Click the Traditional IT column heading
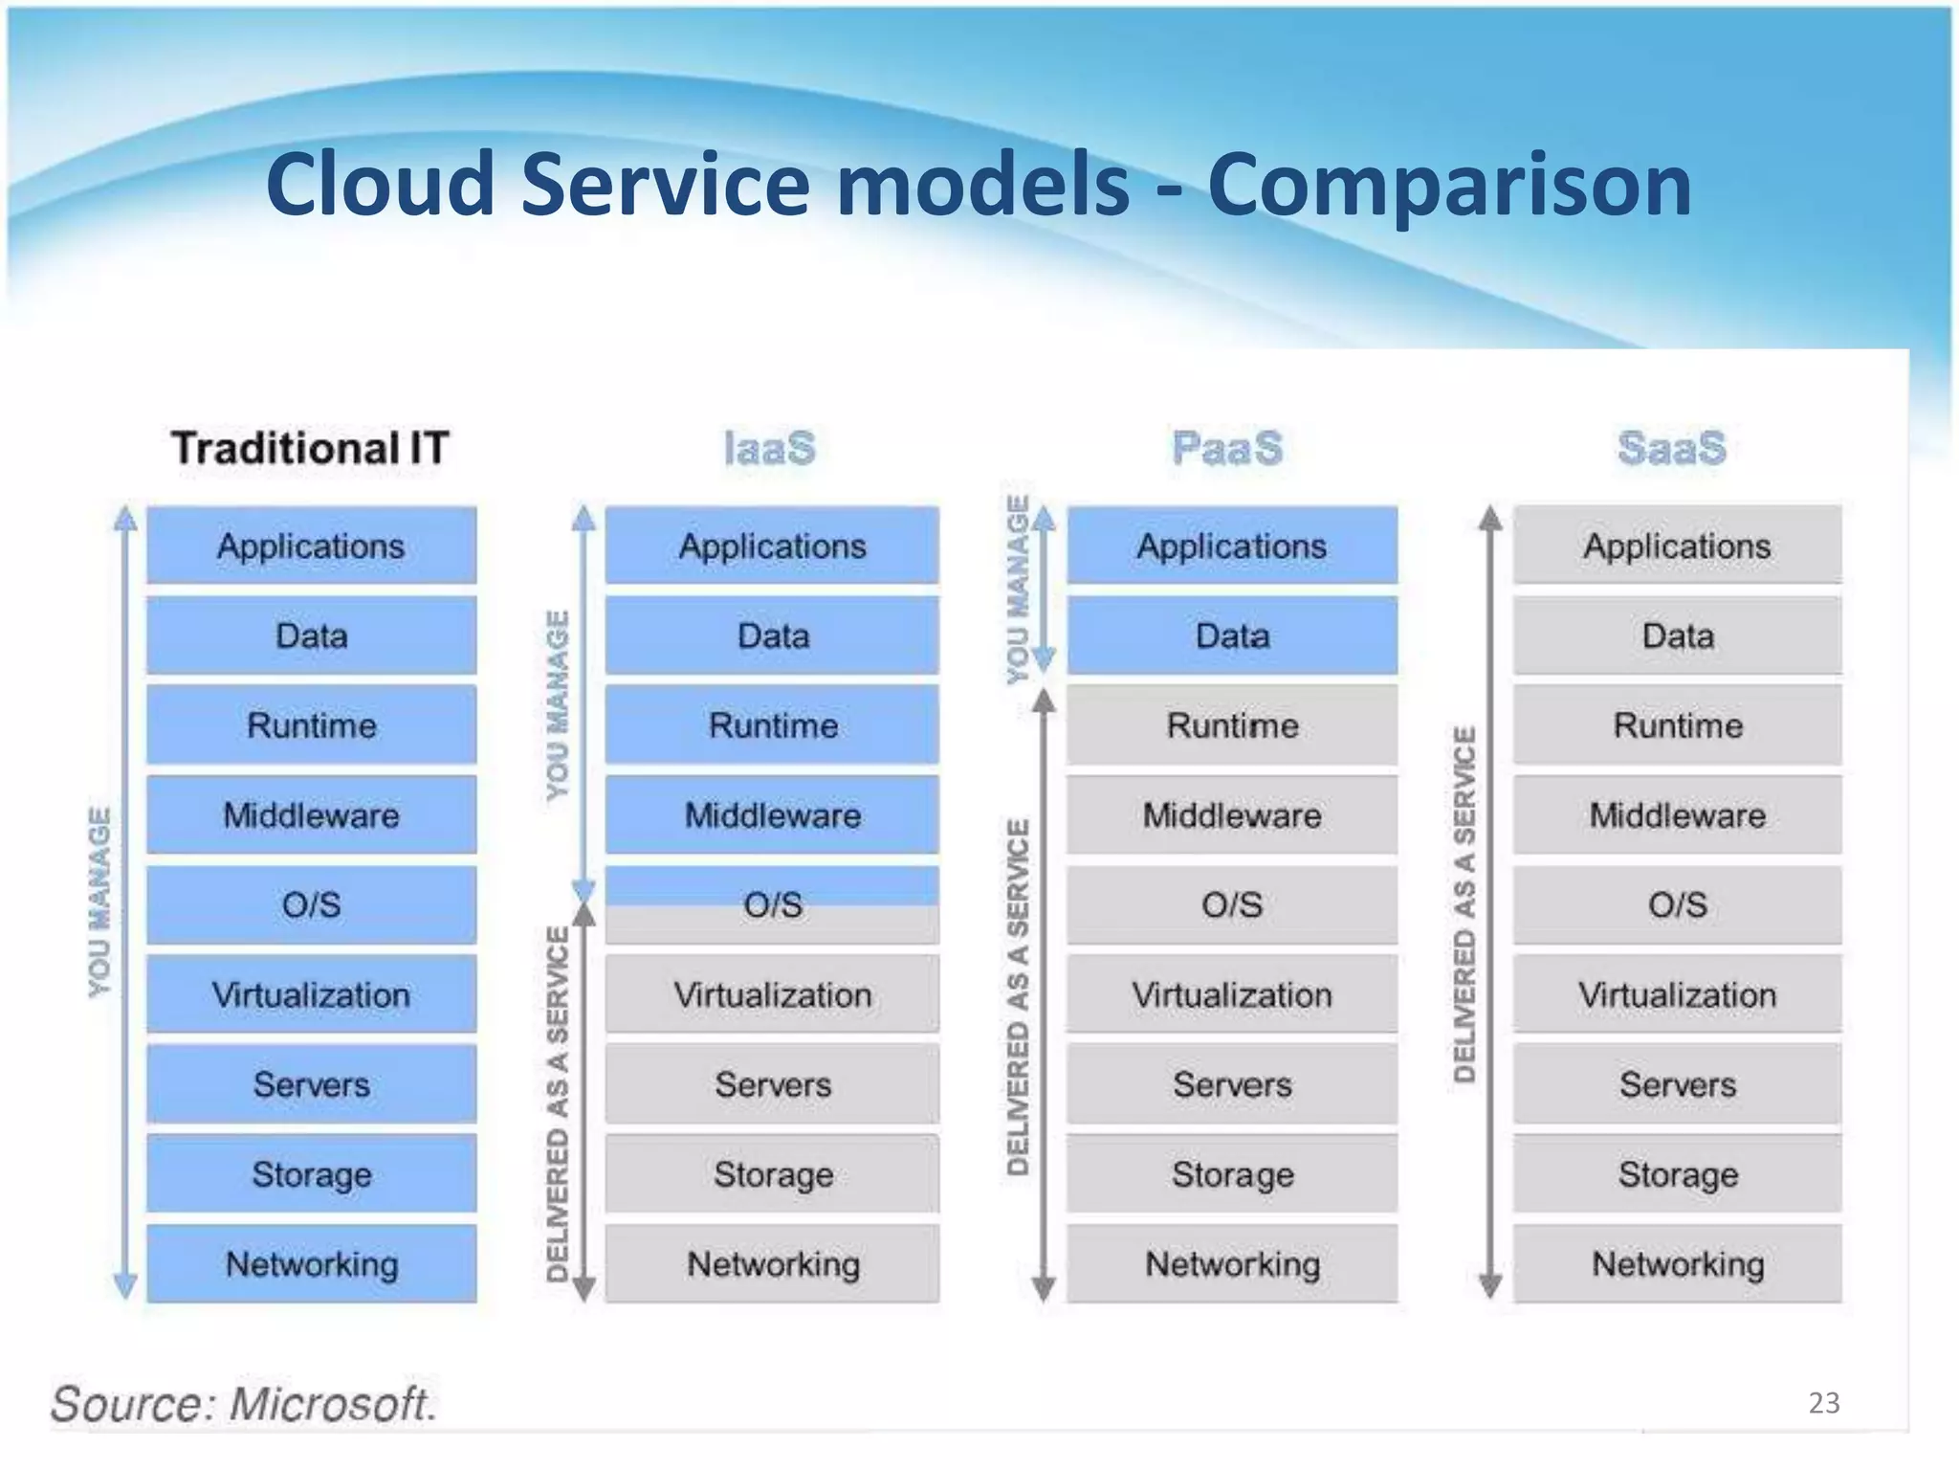(310, 448)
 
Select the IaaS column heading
(770, 448)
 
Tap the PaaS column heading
(1227, 448)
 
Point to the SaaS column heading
(1672, 448)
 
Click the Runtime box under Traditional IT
(312, 724)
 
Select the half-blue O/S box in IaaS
(773, 904)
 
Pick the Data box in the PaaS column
(1232, 635)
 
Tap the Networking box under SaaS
(1678, 1263)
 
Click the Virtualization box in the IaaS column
(773, 994)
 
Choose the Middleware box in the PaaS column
(1232, 814)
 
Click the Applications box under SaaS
(1678, 546)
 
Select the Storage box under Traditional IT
(312, 1173)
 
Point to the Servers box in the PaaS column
(1232, 1084)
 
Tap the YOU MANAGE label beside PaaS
(1018, 589)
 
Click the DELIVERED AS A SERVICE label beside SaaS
(1464, 904)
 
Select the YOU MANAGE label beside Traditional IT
(99, 902)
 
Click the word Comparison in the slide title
(1449, 184)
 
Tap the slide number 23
(1823, 1403)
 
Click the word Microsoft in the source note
(333, 1404)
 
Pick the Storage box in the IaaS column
(773, 1173)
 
